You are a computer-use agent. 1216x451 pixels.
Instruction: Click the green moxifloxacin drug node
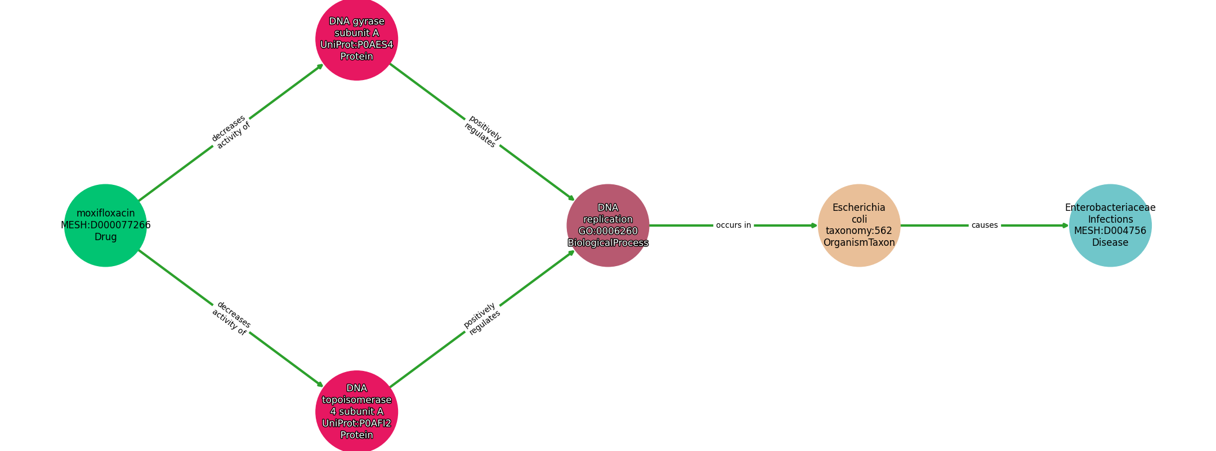[x=105, y=225]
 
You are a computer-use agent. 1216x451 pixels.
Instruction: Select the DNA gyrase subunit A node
[x=357, y=39]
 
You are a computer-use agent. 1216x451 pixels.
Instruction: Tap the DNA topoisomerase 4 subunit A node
[x=357, y=412]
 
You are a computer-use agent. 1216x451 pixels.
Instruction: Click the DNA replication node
[x=608, y=225]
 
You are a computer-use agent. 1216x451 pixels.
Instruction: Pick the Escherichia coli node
[x=859, y=225]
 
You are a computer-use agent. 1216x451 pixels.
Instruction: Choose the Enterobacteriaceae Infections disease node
[x=1110, y=225]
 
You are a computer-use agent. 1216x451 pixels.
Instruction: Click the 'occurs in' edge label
[x=734, y=225]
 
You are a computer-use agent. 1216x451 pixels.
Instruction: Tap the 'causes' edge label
[x=985, y=225]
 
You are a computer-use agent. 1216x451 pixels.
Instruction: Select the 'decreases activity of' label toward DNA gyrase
[x=231, y=132]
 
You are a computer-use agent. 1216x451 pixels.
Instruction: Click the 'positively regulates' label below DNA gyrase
[x=482, y=132]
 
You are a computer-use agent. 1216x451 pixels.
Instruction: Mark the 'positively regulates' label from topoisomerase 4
[x=482, y=319]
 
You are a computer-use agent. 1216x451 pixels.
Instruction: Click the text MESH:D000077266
[x=106, y=225]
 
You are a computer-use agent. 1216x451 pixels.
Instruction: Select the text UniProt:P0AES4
[x=357, y=45]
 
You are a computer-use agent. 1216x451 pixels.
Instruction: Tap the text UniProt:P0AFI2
[x=357, y=423]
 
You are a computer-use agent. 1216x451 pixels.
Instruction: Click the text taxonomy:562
[x=859, y=231]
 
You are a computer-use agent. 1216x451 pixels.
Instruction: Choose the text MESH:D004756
[x=1110, y=231]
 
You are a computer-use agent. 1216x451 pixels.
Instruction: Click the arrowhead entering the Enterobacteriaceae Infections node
[x=1066, y=225]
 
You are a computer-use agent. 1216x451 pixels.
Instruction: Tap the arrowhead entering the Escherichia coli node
[x=815, y=225]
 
